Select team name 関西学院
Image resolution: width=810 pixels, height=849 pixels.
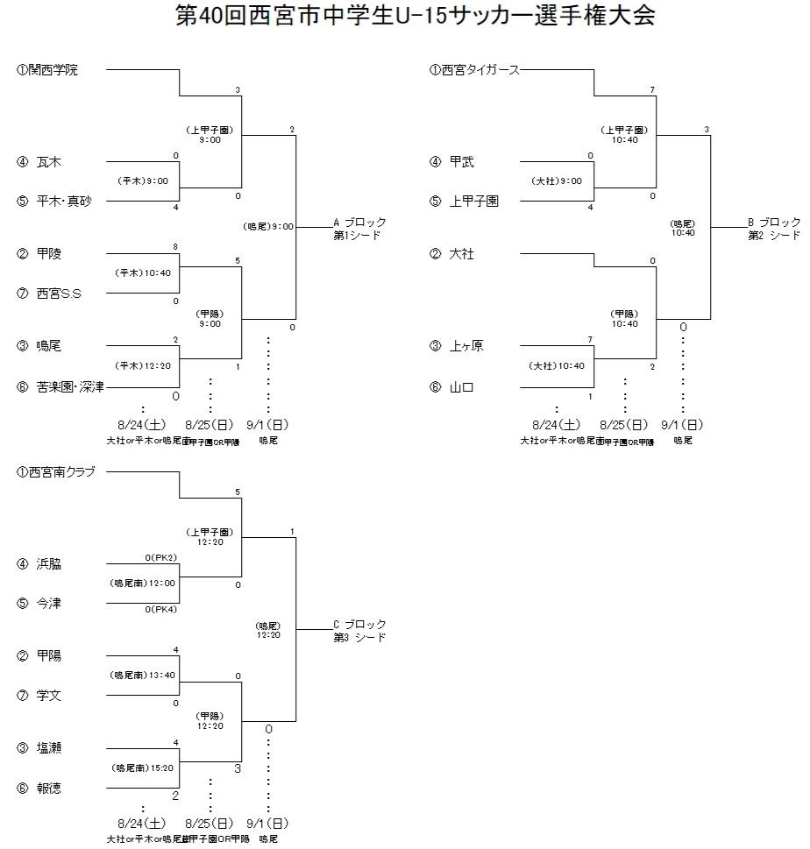click(53, 70)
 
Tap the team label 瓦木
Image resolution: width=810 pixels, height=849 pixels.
click(49, 162)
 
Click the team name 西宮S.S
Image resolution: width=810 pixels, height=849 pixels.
click(59, 294)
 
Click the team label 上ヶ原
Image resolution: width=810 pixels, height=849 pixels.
click(465, 346)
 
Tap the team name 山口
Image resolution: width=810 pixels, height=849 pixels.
click(462, 386)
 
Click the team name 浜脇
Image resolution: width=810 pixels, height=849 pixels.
click(49, 564)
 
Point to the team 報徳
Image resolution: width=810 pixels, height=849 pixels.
click(49, 788)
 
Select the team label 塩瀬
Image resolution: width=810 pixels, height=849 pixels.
click(49, 748)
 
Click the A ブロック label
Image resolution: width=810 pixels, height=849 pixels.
click(359, 223)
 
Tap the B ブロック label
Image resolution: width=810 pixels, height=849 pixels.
click(774, 223)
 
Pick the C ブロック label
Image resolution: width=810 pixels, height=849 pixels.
click(359, 625)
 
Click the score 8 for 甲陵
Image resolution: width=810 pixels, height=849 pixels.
click(175, 247)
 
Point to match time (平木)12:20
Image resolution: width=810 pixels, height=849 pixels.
click(144, 365)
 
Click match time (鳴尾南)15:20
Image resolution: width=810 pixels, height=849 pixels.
click(143, 768)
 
